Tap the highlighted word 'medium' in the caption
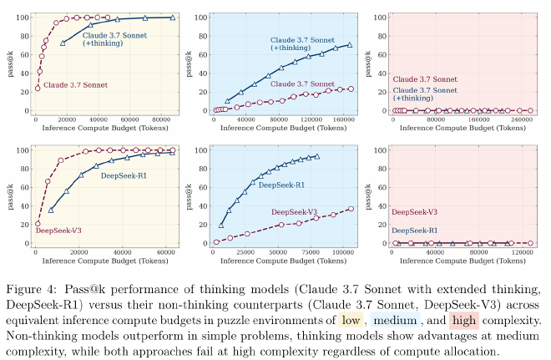391,320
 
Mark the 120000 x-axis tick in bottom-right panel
521,253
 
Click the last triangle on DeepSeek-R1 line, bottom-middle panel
317,156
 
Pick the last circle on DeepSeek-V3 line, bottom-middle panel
351,209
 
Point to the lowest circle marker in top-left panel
37,88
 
